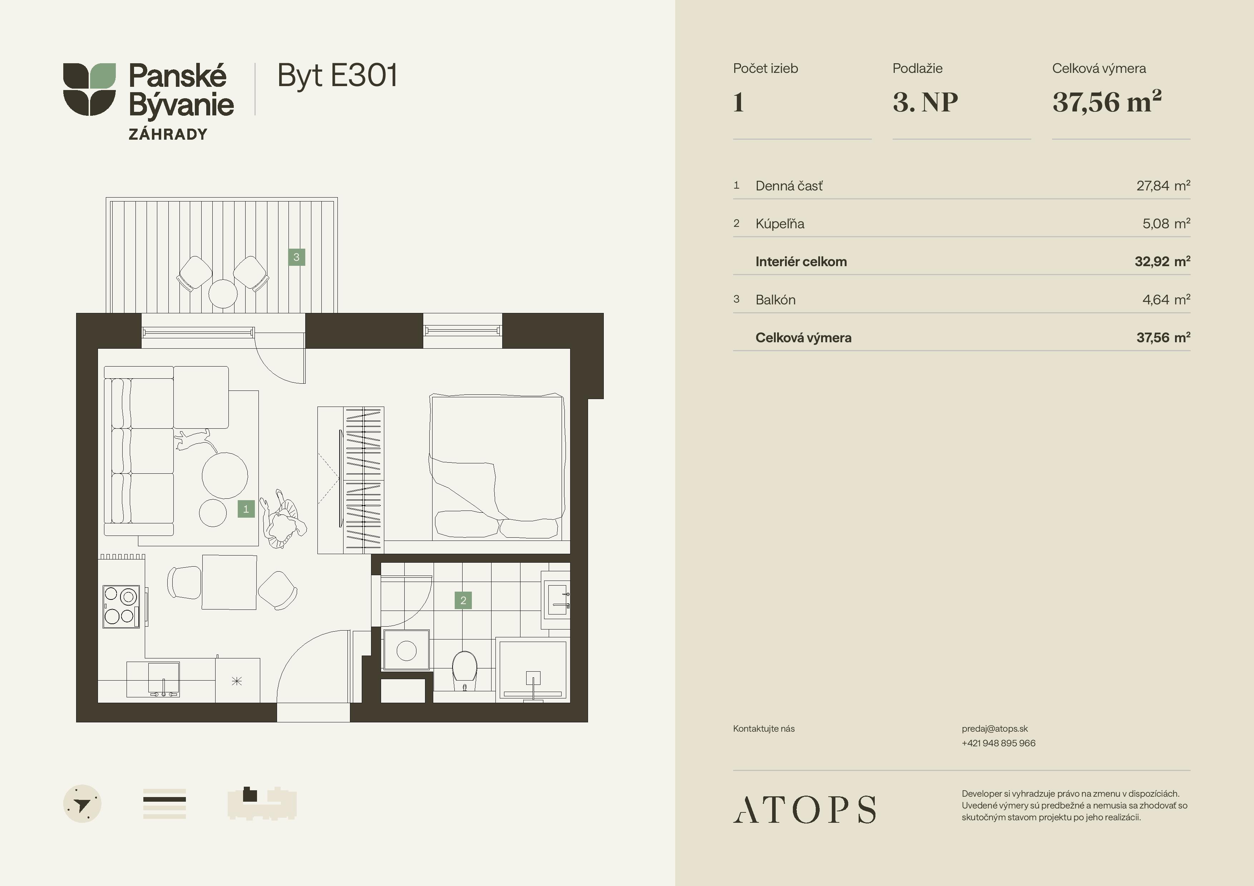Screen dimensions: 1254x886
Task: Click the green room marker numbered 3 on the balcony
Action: coord(297,257)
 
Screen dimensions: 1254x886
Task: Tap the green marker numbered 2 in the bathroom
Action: coord(463,601)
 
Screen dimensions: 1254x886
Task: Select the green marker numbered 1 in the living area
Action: coord(246,509)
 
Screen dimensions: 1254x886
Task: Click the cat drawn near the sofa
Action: coord(192,439)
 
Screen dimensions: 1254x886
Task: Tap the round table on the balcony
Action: coord(223,294)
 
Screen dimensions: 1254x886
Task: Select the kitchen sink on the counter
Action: coord(163,680)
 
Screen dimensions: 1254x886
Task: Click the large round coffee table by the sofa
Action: coord(224,476)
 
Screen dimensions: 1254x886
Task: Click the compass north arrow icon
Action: coord(83,803)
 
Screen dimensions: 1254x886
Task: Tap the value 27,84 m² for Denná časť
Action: coord(1163,186)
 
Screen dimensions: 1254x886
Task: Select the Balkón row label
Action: coord(776,300)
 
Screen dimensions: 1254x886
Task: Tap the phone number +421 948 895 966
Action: coord(998,743)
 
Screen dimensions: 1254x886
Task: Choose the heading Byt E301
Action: coord(337,76)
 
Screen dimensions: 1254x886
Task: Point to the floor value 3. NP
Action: coord(925,102)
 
